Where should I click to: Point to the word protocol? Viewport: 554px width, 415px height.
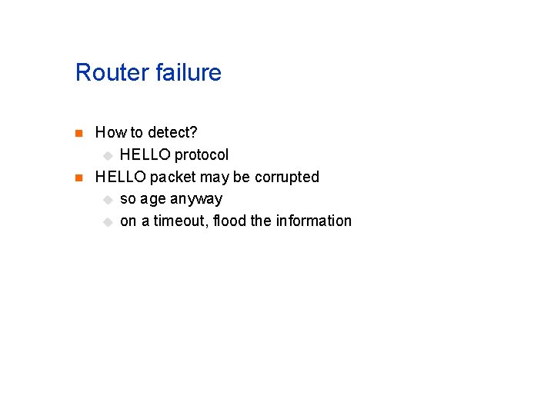point(202,154)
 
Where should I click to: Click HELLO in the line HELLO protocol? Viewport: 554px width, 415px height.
point(144,154)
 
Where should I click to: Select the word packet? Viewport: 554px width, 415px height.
point(173,177)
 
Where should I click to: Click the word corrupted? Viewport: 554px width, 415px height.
point(286,177)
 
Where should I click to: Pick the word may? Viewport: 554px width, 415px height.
point(215,177)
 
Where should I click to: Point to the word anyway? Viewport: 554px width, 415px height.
point(196,199)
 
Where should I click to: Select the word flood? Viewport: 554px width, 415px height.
point(229,221)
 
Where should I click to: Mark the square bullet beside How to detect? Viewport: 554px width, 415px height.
point(78,134)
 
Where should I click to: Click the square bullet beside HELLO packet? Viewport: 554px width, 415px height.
point(78,178)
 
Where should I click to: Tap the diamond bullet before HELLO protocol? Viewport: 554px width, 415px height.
point(107,155)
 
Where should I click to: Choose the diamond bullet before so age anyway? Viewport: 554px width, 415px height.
point(107,200)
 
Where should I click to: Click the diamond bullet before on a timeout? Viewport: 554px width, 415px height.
point(107,222)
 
